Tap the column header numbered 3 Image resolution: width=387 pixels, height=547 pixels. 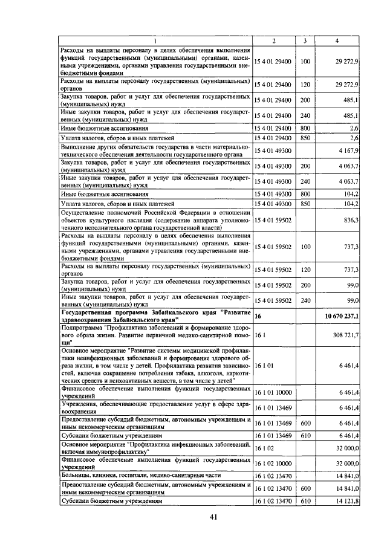point(305,40)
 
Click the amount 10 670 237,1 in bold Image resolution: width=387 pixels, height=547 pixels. point(342,316)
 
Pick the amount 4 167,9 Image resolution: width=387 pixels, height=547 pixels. point(350,150)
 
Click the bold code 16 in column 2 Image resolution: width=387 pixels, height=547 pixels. point(258,316)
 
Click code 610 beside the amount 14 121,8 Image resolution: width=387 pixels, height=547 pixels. point(305,501)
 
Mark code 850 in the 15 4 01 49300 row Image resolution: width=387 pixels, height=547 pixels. point(305,204)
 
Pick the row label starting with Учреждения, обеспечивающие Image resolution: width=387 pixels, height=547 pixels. point(154,408)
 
